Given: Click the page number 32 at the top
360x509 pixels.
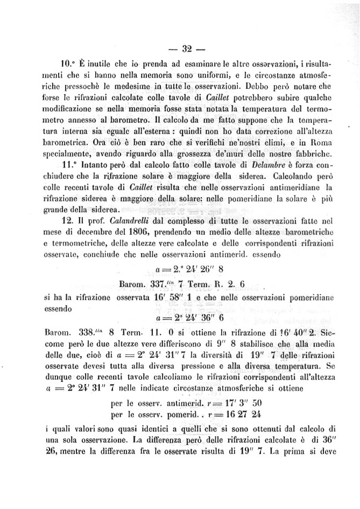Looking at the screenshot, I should (187, 50).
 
